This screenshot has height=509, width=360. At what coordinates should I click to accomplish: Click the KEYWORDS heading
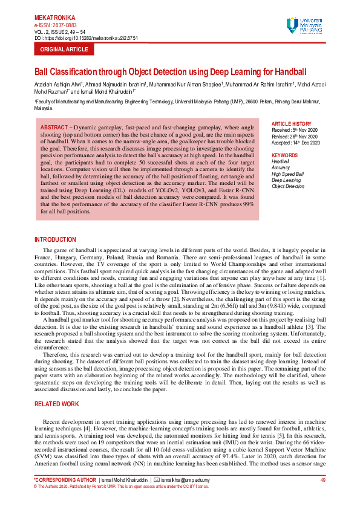click(285, 155)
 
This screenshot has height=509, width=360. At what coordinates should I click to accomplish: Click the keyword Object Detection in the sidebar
click(288, 186)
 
